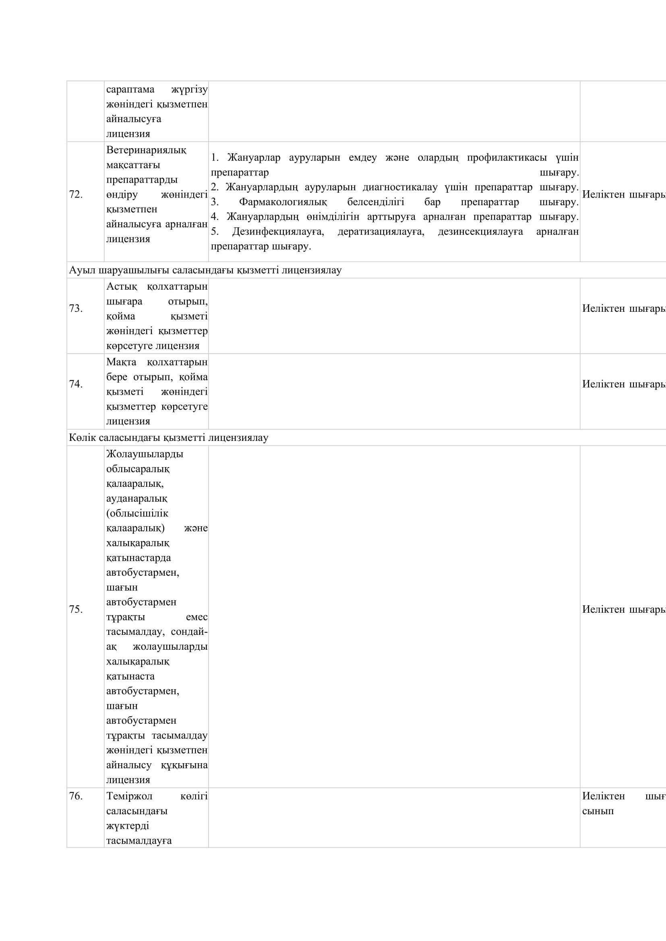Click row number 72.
(x=76, y=195)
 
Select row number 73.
(x=76, y=308)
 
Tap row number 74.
(x=76, y=384)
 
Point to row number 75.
(x=76, y=609)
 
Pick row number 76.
(x=76, y=796)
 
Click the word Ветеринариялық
(x=146, y=150)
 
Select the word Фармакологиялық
(x=283, y=202)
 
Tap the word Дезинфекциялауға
(x=278, y=232)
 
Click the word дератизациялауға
(x=381, y=232)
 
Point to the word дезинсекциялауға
(x=480, y=232)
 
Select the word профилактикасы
(x=507, y=158)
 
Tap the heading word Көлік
(x=79, y=438)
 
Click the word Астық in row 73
(x=122, y=286)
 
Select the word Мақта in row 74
(x=121, y=362)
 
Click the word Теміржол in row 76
(x=129, y=796)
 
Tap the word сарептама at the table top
(x=130, y=89)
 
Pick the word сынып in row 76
(x=598, y=811)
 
